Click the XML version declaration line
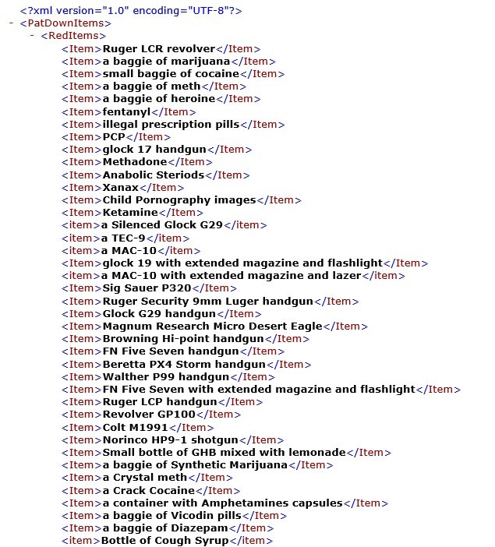(131, 10)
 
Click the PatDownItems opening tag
(65, 23)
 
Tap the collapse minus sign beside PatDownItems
(11, 23)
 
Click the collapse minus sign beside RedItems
(32, 35)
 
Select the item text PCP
(114, 136)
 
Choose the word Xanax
(120, 187)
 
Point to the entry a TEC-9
(123, 238)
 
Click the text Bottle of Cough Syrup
(165, 541)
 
